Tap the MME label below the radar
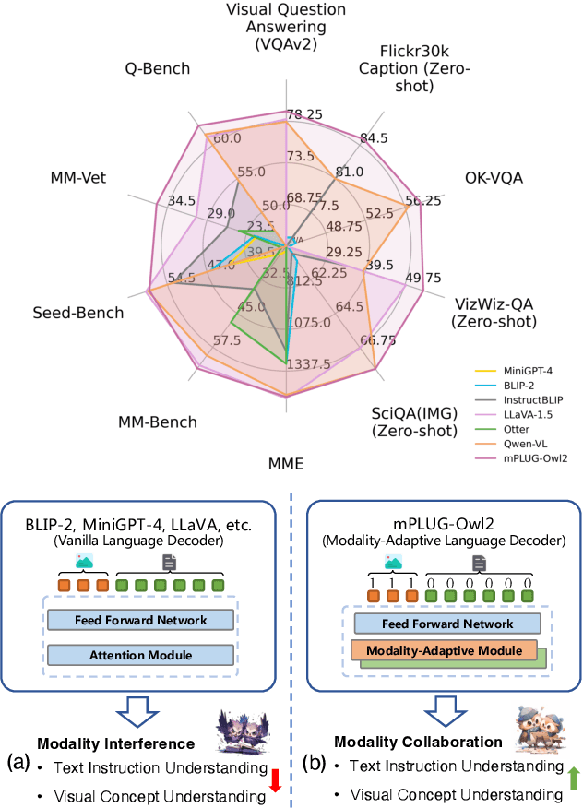coord(287,462)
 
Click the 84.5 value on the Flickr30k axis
coord(374,138)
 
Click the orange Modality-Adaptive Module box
coord(445,651)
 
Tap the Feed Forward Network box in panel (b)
coord(445,623)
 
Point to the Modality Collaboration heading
coord(418,742)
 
